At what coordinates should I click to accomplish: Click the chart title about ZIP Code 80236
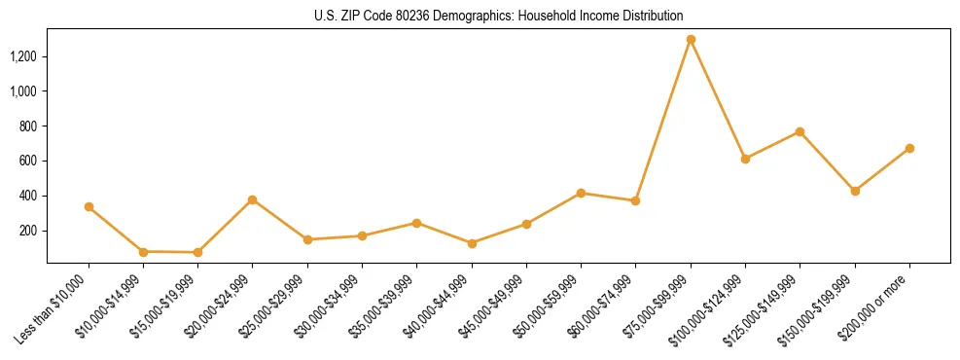(498, 16)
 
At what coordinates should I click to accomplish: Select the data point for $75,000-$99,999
(691, 40)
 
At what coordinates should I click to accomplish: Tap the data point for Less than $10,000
(89, 206)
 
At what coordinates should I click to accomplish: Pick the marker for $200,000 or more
(909, 148)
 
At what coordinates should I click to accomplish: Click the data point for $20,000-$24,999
(253, 199)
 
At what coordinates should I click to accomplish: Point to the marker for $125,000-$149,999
(800, 131)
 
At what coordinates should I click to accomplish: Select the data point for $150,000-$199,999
(855, 191)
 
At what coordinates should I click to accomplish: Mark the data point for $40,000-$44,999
(472, 243)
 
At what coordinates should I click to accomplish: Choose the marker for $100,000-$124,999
(745, 159)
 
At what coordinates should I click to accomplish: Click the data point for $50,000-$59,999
(581, 193)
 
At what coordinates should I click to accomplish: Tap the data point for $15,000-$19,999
(197, 252)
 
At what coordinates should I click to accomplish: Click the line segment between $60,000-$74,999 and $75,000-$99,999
(663, 121)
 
